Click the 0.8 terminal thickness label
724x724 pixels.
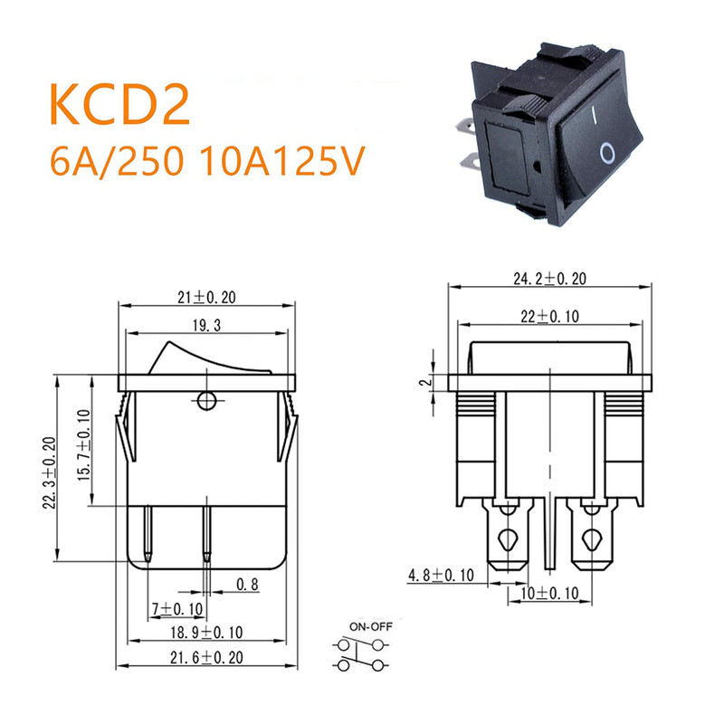pyautogui.click(x=247, y=586)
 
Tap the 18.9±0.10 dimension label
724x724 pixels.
pyautogui.click(x=205, y=631)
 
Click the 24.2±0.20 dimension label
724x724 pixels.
pyautogui.click(x=549, y=280)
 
